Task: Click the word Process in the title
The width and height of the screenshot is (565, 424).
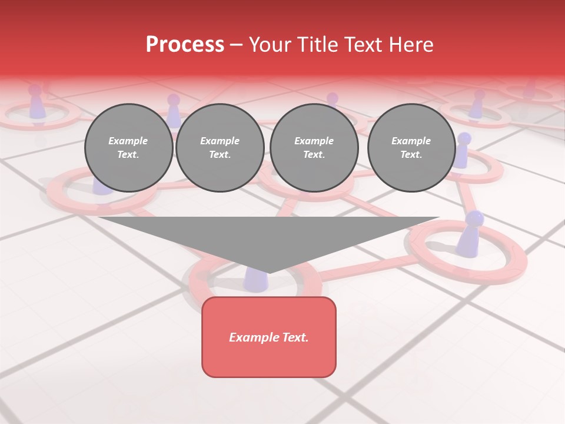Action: click(x=185, y=45)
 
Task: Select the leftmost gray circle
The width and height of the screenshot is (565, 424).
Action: click(x=128, y=148)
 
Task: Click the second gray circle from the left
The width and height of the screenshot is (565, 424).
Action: click(x=220, y=148)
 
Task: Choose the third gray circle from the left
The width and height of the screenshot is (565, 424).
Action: click(x=314, y=148)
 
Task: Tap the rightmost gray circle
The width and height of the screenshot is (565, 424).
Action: click(x=411, y=148)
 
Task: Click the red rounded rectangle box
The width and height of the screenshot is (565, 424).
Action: click(x=269, y=337)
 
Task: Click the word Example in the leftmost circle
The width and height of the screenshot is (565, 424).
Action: click(x=128, y=141)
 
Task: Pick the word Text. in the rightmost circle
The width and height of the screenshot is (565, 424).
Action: click(x=411, y=154)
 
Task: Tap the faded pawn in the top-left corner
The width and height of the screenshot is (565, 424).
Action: click(x=37, y=104)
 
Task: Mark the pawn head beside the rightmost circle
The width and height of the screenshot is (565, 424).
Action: click(x=464, y=139)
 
